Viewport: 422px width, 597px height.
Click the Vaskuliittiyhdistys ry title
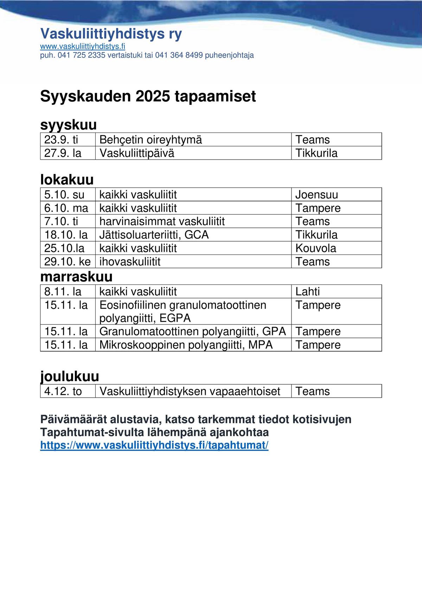111,34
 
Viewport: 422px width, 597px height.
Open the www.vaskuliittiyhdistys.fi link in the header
83,46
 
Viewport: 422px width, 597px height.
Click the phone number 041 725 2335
81,55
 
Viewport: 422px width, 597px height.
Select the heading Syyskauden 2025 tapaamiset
148,96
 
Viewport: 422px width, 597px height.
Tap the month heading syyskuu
69,125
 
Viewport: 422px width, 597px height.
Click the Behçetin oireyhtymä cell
151,140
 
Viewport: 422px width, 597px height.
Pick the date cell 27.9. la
63,153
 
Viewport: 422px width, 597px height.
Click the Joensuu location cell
316,194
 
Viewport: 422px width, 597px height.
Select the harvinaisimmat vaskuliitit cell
162,221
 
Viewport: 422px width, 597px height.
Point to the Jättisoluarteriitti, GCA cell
154,235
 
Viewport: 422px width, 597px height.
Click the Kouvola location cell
316,248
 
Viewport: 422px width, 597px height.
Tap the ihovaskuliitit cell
130,262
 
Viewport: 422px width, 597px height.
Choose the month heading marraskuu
76,277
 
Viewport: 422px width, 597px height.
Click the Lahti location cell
308,291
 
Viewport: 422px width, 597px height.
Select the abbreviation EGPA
175,318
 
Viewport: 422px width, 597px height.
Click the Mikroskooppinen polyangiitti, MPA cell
186,345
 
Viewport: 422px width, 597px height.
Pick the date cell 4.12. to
63,391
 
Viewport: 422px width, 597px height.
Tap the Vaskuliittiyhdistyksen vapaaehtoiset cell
190,391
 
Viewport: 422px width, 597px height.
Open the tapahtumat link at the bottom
154,445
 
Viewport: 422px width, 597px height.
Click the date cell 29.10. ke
68,262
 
